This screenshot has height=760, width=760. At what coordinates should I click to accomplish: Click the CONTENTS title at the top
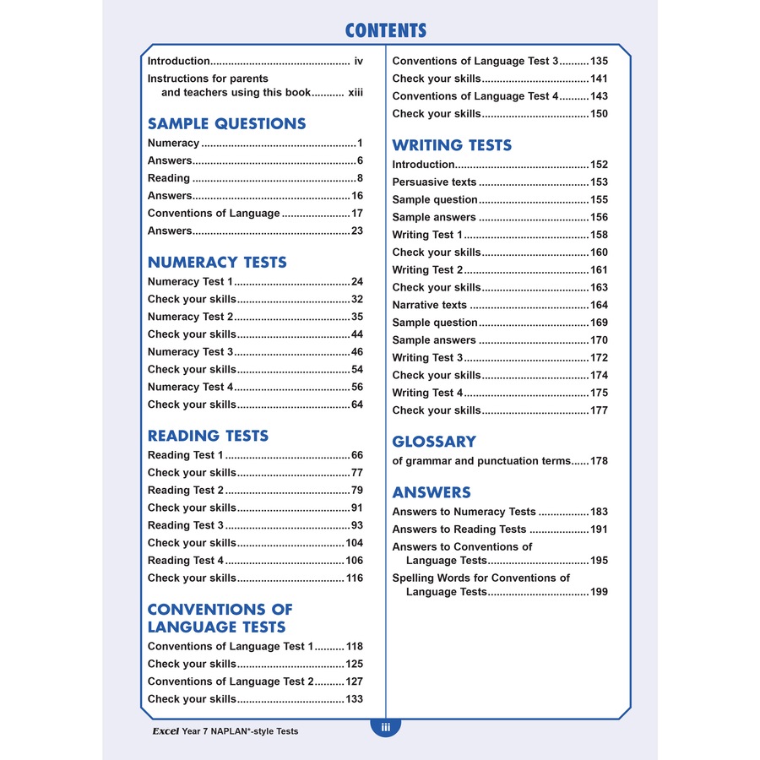386,31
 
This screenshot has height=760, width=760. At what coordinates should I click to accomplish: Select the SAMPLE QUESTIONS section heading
226,123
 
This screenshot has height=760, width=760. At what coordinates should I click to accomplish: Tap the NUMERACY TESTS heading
217,262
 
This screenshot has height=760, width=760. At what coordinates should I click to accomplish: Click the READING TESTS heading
208,436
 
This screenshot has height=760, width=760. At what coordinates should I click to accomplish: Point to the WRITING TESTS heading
452,145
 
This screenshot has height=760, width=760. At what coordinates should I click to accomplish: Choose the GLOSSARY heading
434,441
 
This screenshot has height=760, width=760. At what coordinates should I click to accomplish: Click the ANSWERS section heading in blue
432,492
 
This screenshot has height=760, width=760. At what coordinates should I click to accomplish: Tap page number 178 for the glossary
599,461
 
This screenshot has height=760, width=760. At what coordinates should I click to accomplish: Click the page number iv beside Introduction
358,61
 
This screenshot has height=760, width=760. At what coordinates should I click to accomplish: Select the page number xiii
355,93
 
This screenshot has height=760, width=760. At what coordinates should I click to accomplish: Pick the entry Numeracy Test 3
190,352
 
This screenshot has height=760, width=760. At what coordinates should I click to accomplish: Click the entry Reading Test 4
186,561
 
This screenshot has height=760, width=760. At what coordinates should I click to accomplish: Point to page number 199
599,592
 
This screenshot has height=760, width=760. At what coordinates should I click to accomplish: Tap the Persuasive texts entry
434,182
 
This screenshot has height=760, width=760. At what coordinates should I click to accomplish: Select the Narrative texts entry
429,305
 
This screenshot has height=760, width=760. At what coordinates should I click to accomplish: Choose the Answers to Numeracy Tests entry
464,512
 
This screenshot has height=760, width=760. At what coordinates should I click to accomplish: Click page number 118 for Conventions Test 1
355,647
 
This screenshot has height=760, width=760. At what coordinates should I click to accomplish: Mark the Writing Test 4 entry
427,393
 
